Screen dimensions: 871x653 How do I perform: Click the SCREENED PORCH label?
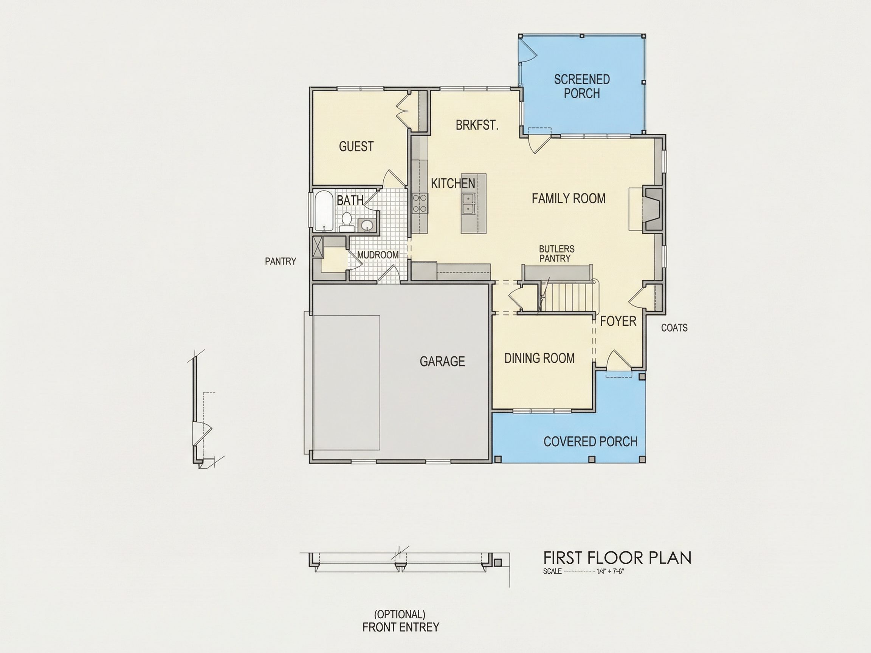coord(581,87)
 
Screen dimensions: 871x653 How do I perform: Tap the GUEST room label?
coord(356,146)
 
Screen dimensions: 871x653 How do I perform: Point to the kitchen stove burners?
coord(420,204)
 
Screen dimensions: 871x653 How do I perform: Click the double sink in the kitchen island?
coord(468,204)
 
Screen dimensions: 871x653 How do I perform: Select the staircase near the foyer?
coord(567,297)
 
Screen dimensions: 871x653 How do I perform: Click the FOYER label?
coord(618,321)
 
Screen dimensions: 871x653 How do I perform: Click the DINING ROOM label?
coord(539,358)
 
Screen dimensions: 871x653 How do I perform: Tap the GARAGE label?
coord(442,361)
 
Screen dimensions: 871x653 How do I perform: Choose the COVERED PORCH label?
coord(590,442)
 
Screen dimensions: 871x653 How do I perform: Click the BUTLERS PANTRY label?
coord(556,254)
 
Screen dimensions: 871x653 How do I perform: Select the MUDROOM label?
coord(378,255)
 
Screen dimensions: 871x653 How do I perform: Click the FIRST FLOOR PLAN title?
coord(617,558)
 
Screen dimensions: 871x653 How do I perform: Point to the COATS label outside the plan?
coord(674,328)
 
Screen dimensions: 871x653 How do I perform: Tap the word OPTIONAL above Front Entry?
coord(400,614)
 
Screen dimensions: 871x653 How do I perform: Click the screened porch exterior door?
coord(526,50)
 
